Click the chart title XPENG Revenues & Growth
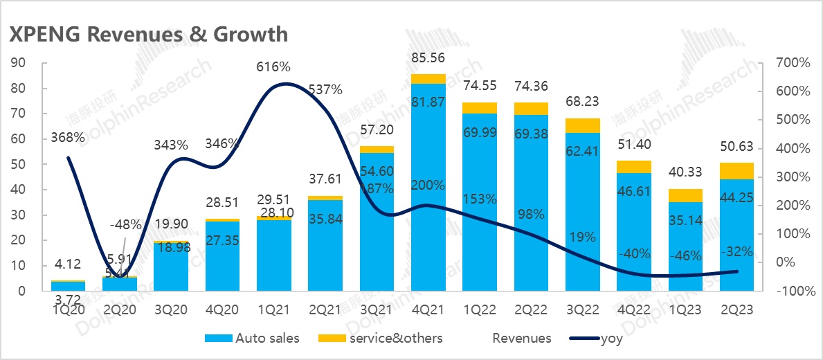(x=147, y=33)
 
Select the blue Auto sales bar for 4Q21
(x=428, y=208)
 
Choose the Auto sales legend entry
(x=253, y=339)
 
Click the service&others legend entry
(x=380, y=339)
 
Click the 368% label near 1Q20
(x=68, y=138)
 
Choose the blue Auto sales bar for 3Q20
(x=170, y=267)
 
